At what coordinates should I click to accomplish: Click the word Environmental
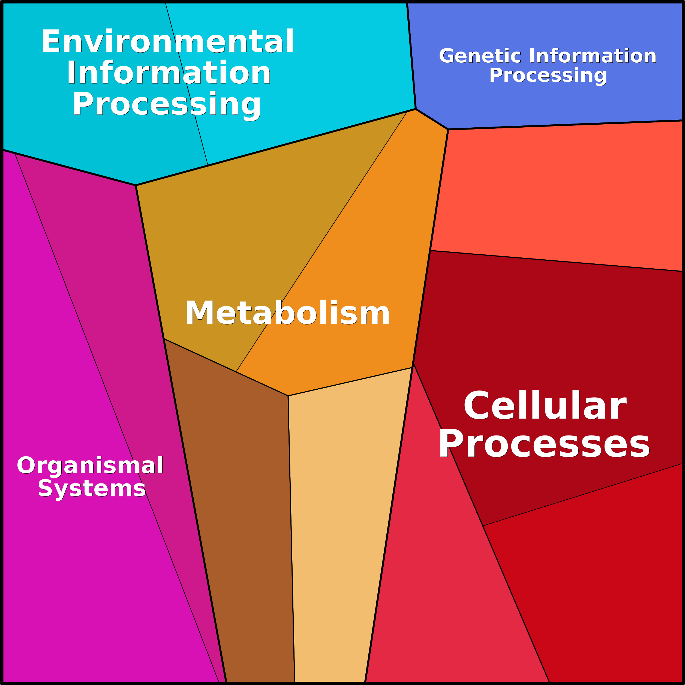(x=167, y=42)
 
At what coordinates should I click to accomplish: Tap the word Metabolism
(x=287, y=313)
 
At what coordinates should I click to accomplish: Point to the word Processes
(x=544, y=444)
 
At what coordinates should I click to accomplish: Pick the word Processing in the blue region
(x=548, y=76)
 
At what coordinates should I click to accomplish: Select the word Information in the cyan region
(x=169, y=73)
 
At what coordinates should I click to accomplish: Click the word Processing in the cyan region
(x=167, y=104)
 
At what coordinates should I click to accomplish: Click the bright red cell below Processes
(x=603, y=585)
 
